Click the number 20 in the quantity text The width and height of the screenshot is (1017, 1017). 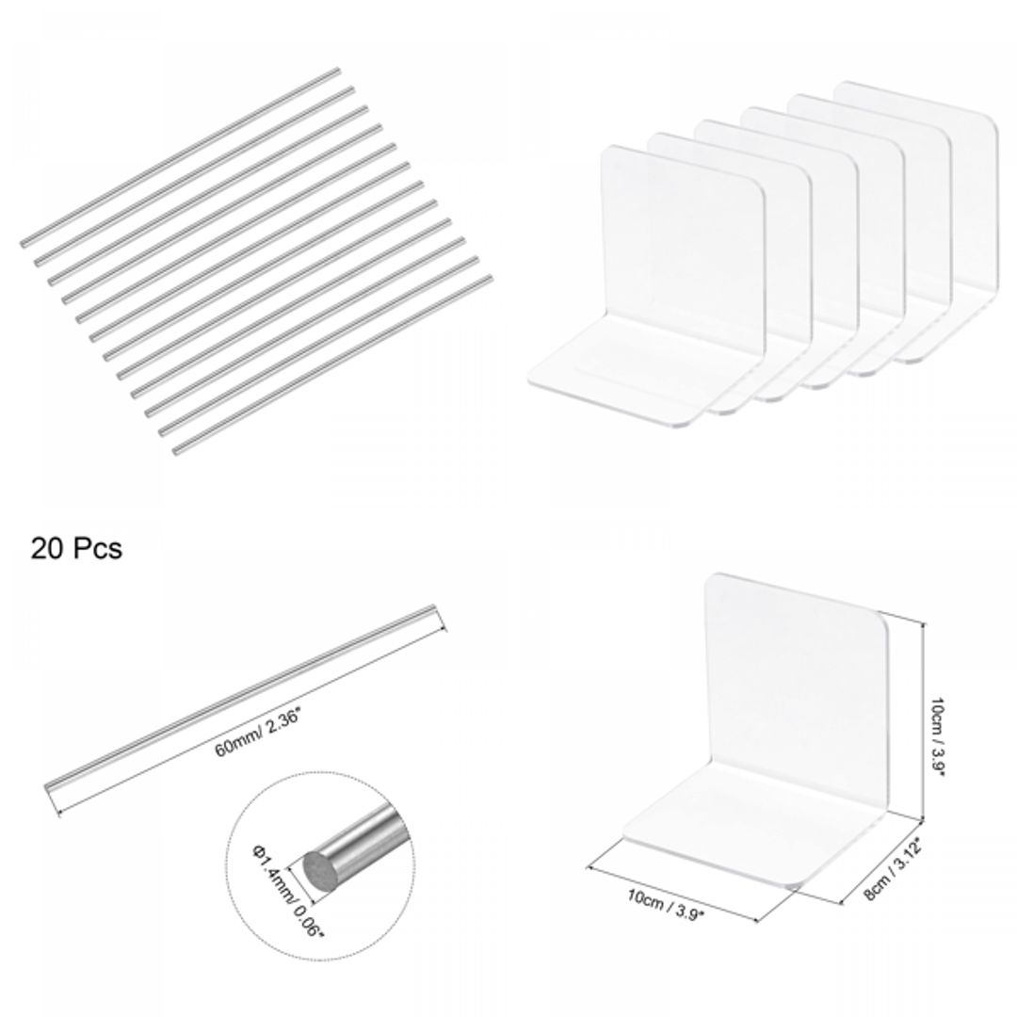tap(48, 548)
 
